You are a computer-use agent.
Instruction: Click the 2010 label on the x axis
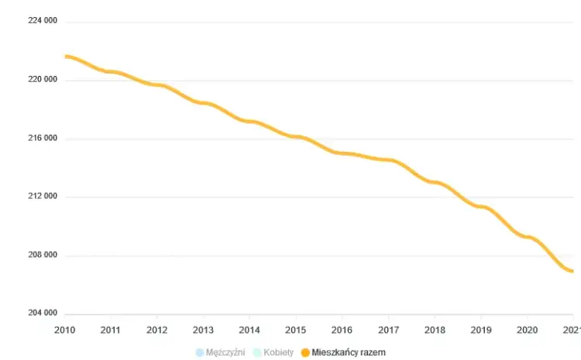pyautogui.click(x=64, y=328)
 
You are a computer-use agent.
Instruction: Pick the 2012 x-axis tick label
pyautogui.click(x=156, y=328)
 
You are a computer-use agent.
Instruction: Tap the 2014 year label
pyautogui.click(x=249, y=328)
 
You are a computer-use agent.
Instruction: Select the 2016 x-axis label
pyautogui.click(x=342, y=328)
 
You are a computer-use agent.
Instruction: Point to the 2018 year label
pyautogui.click(x=435, y=328)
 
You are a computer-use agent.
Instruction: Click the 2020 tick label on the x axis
pyautogui.click(x=527, y=328)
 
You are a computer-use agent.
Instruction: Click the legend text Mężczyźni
pyautogui.click(x=225, y=352)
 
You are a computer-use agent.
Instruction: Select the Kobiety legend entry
pyautogui.click(x=277, y=352)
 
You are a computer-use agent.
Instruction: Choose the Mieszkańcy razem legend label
pyautogui.click(x=349, y=352)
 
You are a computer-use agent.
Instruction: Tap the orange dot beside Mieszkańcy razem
pyautogui.click(x=306, y=352)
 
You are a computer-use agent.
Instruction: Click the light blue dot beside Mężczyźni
pyautogui.click(x=200, y=352)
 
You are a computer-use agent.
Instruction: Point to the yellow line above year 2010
pyautogui.click(x=67, y=57)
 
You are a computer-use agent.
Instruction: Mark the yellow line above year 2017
pyautogui.click(x=388, y=160)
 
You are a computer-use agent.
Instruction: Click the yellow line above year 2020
pyautogui.click(x=527, y=236)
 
